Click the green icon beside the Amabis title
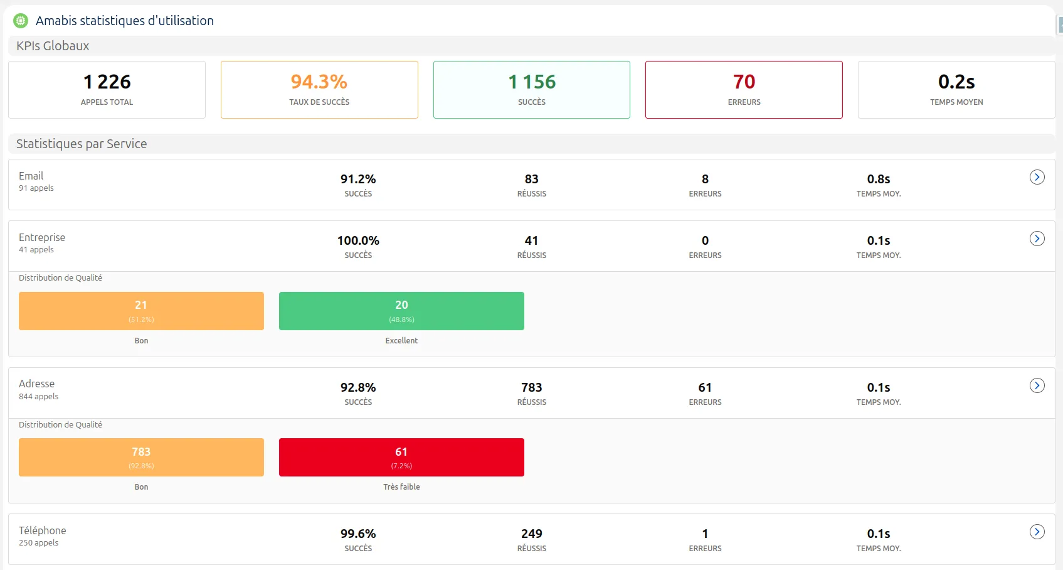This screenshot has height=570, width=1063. [21, 21]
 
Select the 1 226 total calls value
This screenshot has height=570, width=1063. [107, 82]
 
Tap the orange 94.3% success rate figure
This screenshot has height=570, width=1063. [319, 82]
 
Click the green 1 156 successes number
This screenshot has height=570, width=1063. [532, 82]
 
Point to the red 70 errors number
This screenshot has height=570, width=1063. [744, 82]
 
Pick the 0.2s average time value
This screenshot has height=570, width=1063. [956, 82]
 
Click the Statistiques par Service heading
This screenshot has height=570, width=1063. [82, 144]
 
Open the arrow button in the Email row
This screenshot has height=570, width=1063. [1037, 177]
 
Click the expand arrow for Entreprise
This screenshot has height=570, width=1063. [1037, 239]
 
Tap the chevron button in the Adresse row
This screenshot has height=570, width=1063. [1037, 385]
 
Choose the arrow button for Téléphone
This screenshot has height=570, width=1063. [1037, 532]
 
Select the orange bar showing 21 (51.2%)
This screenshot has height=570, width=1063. [141, 311]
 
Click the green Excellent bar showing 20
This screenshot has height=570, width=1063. [401, 311]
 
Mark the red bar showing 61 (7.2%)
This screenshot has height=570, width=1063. [401, 457]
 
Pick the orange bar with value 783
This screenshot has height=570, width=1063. [141, 457]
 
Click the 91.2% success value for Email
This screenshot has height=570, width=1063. [358, 179]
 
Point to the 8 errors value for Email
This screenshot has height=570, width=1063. [705, 179]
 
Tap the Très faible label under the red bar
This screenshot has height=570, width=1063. [401, 487]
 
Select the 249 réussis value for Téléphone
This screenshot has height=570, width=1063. [532, 534]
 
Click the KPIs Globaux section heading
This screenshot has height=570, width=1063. [53, 46]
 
